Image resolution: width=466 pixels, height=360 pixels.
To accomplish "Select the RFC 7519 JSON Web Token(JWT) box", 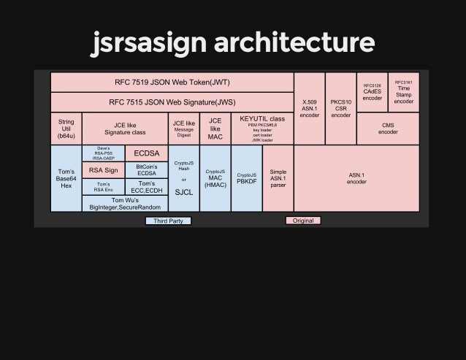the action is pos(172,82).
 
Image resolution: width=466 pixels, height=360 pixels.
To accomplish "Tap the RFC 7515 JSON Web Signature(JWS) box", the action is pos(172,102).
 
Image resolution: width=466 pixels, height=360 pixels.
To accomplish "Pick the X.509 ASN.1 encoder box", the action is pos(309,108).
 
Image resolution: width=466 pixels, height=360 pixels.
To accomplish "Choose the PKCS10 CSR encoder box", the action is pos(340,108).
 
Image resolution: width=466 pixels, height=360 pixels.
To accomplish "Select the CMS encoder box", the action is pos(388,129).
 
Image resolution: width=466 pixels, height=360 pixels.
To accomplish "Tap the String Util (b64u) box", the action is pos(66,129).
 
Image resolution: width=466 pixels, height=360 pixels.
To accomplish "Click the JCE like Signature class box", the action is pos(125,129).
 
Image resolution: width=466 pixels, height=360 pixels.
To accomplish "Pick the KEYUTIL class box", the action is pos(262,129).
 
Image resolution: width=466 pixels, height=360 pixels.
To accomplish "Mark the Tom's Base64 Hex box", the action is pos(66,178).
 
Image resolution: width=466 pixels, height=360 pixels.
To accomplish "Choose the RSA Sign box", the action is pos(103,170).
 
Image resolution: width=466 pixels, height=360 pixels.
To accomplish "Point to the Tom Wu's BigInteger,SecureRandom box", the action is pos(125,204).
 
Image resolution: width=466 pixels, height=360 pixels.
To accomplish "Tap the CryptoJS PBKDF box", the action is pos(246,178).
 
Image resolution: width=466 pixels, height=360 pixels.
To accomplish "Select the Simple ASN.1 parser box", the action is pos(278,178).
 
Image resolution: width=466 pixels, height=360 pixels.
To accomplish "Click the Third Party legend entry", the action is pos(167,221).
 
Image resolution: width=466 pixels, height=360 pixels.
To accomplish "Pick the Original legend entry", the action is pos(302,221).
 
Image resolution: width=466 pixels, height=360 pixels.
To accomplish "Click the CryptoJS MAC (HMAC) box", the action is pos(215,178).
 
